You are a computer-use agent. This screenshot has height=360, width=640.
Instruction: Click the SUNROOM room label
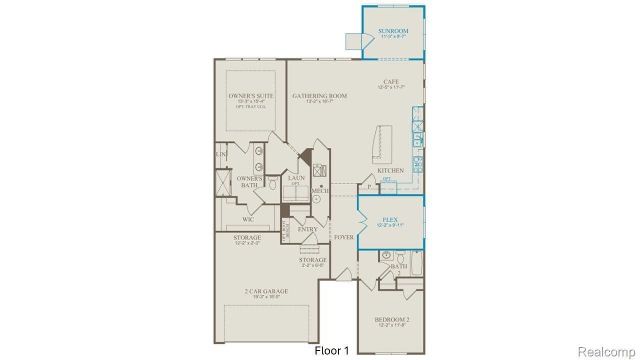[x=393, y=31]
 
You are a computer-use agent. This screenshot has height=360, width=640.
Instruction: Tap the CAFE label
[x=391, y=82]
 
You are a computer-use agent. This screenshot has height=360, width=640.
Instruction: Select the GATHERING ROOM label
[x=319, y=96]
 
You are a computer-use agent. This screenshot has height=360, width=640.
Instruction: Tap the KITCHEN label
[x=390, y=170]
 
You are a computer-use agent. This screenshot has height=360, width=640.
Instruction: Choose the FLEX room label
[x=390, y=219]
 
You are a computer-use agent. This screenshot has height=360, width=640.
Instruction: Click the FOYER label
[x=344, y=237]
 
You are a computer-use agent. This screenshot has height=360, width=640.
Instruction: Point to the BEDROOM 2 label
[x=392, y=319]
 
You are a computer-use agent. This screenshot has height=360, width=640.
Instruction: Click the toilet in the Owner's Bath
[x=272, y=183]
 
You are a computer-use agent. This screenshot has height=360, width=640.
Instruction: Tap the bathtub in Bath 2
[x=416, y=263]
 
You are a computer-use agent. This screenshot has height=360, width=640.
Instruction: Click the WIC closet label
[x=248, y=219]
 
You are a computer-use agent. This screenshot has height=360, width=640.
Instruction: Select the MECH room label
[x=320, y=191]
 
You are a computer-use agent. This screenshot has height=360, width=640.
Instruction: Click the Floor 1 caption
[x=332, y=351]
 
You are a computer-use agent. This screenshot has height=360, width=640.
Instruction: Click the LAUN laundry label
[x=296, y=178]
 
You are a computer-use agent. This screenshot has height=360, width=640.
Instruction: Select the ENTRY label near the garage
[x=307, y=229]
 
